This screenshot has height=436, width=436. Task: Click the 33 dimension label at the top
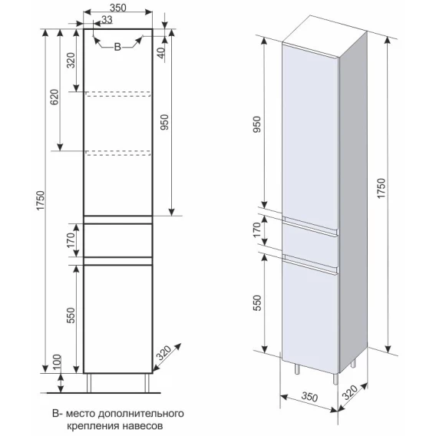point(107,20)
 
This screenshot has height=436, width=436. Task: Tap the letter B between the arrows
point(117,47)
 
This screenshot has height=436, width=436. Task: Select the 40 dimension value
point(161,51)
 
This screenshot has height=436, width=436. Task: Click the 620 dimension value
point(54,97)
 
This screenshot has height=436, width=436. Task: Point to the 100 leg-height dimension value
point(57,362)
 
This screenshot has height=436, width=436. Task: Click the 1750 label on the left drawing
point(41,201)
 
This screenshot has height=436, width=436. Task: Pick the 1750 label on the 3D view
point(381,189)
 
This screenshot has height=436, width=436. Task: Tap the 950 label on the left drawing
point(165,122)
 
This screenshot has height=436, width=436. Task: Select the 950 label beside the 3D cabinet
point(257,124)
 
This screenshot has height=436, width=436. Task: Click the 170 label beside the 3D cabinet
point(257,230)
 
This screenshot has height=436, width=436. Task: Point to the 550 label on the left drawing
point(71,315)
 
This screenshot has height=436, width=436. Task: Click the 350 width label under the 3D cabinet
point(310,397)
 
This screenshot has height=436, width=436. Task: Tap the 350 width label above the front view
point(118,8)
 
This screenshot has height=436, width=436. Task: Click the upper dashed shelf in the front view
point(118,94)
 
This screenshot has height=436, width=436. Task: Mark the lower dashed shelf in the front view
point(118,153)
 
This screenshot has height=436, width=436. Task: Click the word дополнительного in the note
point(141,414)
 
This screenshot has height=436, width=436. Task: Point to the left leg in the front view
point(89,383)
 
